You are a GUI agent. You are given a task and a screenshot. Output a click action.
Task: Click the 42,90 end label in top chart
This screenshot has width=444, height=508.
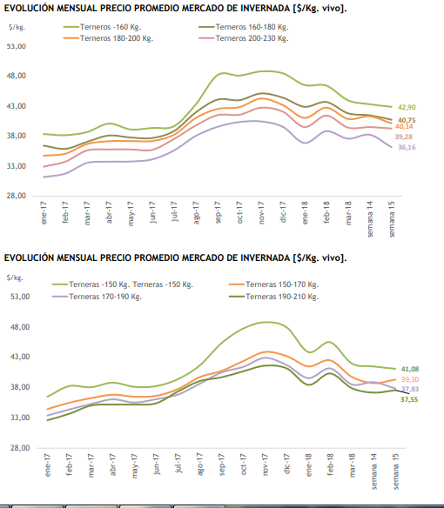[407, 107]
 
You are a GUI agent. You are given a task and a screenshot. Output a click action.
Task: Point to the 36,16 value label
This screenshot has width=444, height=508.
[407, 147]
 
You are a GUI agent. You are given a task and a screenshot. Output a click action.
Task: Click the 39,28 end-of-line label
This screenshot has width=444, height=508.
[403, 137]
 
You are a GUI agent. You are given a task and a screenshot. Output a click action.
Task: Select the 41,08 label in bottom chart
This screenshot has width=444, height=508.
[410, 369]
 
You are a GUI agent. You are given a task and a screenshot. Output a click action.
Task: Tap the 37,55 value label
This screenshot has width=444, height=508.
[409, 400]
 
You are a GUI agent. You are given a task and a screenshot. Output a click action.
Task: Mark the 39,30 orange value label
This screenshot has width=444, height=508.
[410, 379]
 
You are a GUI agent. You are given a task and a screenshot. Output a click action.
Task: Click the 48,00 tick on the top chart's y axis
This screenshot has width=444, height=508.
[17, 76]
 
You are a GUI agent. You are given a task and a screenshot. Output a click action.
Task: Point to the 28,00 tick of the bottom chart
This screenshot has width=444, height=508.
[20, 448]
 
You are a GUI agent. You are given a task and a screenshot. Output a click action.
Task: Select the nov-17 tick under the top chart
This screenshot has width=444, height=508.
[261, 212]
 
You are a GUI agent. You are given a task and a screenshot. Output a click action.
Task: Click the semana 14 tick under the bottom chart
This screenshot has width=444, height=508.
[374, 471]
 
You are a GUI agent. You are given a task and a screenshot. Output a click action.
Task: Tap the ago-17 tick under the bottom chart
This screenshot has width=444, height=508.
[200, 465]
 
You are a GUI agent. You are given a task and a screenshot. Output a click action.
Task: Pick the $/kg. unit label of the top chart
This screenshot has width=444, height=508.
[17, 27]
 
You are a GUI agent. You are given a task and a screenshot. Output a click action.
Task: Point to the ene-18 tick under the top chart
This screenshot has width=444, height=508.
[305, 212]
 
